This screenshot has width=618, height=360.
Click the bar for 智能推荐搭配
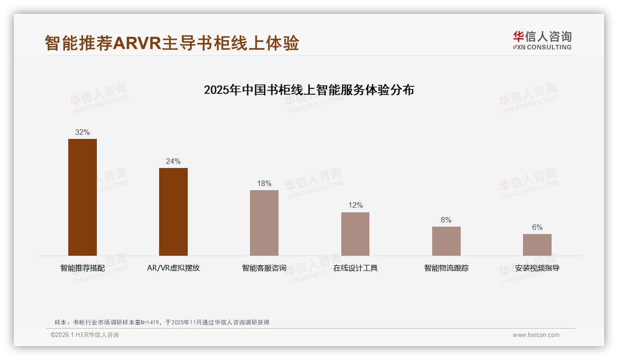[83, 197]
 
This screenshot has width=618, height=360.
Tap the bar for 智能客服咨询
[264, 223]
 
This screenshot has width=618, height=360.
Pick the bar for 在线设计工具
[355, 234]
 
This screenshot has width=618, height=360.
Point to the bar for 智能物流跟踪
[446, 241]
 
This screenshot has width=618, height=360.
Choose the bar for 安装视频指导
[537, 245]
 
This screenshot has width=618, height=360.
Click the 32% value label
[83, 132]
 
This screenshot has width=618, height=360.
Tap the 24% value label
[173, 162]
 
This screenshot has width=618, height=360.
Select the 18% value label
[264, 184]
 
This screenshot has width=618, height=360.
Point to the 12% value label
[355, 205]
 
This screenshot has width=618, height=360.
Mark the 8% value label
[446, 220]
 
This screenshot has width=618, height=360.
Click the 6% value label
[537, 228]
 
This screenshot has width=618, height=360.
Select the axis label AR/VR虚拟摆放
[173, 268]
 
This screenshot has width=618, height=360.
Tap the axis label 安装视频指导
[537, 268]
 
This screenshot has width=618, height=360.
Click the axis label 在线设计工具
[355, 268]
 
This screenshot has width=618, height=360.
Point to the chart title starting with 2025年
[309, 90]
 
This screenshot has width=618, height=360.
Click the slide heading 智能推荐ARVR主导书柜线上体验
[172, 43]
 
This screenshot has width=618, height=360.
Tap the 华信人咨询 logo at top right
[542, 40]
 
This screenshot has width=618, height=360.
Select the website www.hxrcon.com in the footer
[536, 335]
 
